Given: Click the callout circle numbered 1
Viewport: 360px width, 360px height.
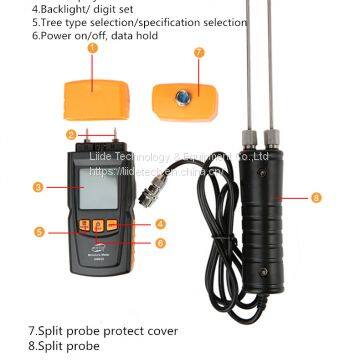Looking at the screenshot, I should (94, 46).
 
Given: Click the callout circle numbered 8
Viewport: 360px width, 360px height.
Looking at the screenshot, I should (317, 198).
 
